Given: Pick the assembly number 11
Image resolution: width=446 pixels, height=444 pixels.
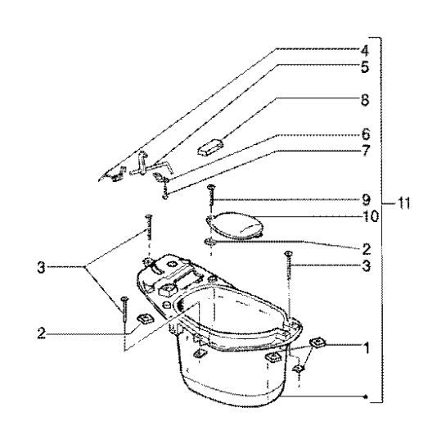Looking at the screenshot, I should coord(402,202).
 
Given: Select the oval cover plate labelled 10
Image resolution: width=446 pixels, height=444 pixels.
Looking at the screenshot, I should coord(236,224).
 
